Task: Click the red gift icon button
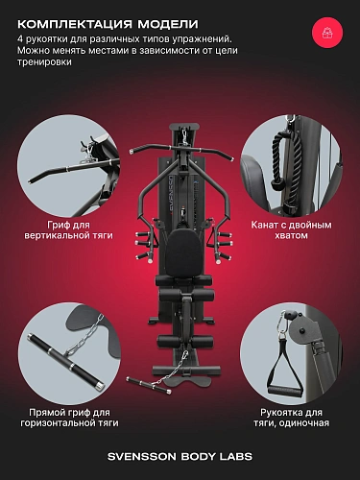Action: [327, 33]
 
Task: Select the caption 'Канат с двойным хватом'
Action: [291, 230]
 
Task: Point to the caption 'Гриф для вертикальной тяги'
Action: [68, 230]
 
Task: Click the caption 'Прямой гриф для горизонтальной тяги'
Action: [69, 418]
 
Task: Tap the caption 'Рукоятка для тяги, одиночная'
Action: [291, 418]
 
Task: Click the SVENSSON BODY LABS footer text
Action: [180, 457]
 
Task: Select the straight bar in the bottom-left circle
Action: [65, 359]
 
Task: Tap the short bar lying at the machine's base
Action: [148, 385]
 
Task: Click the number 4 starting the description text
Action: [20, 39]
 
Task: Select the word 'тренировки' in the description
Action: [44, 62]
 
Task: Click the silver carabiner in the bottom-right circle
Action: [281, 325]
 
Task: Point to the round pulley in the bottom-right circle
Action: [300, 333]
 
